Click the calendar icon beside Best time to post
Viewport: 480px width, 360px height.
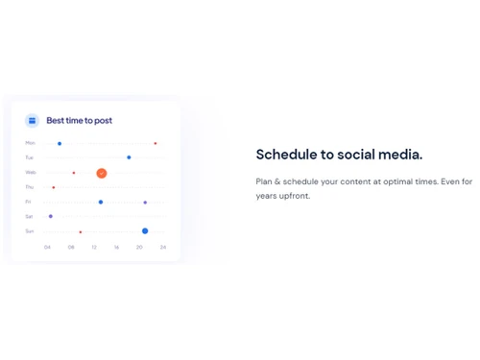click(x=32, y=120)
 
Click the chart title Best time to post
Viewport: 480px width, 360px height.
click(x=79, y=120)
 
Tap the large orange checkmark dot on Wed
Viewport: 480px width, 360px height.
click(x=101, y=173)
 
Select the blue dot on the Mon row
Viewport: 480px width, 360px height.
click(x=60, y=143)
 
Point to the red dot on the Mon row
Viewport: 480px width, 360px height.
click(x=156, y=143)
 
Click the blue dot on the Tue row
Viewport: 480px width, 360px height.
click(x=129, y=157)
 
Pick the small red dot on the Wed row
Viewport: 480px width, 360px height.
click(x=74, y=173)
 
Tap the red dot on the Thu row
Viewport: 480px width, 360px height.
click(x=54, y=187)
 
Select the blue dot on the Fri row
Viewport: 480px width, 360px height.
click(x=101, y=202)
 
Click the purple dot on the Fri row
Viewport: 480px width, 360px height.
click(x=145, y=203)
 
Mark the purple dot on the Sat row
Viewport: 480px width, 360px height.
click(x=51, y=216)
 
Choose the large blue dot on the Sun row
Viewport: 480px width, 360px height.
click(x=145, y=230)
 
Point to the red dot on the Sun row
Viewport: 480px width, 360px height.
click(x=81, y=231)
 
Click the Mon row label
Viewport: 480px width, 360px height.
click(x=30, y=143)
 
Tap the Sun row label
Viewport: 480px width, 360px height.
click(x=30, y=230)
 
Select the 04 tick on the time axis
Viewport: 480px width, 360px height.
click(x=47, y=247)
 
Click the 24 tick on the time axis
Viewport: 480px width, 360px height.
click(x=163, y=247)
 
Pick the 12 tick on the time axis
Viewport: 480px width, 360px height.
click(x=94, y=247)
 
